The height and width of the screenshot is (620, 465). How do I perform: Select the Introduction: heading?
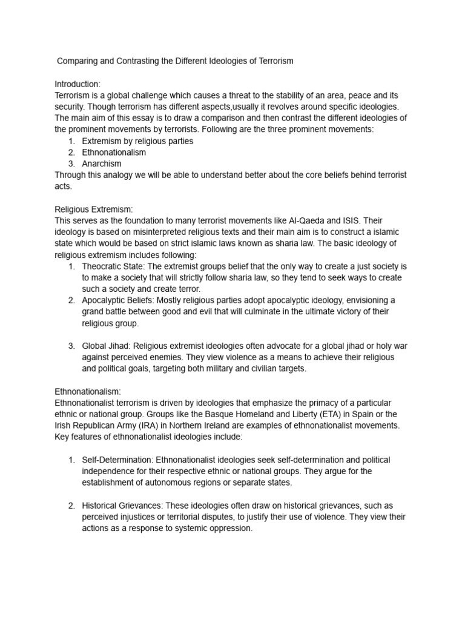tap(77, 84)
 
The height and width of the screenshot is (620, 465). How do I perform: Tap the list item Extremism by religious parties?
tap(137, 141)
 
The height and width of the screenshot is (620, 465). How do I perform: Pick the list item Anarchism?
tap(102, 163)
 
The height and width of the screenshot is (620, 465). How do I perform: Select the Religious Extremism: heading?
tap(93, 209)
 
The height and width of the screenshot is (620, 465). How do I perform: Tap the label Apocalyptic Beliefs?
tap(117, 300)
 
